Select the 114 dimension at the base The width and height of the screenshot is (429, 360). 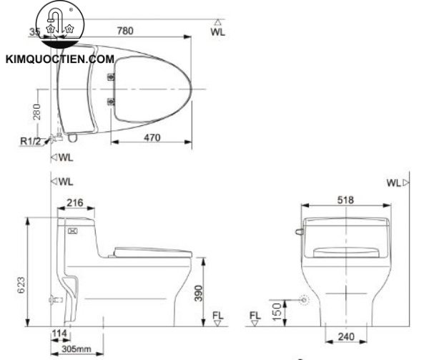pos(60,334)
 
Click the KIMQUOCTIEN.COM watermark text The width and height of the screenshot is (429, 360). pos(60,61)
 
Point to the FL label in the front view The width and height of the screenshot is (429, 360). pos(255,316)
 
